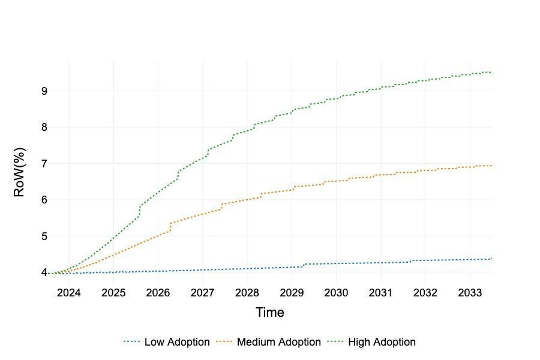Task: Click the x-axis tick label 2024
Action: pyautogui.click(x=69, y=293)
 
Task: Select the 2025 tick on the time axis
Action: pyautogui.click(x=113, y=293)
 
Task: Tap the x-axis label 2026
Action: pyautogui.click(x=158, y=293)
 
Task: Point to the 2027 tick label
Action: pyautogui.click(x=202, y=293)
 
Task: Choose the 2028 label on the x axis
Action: pyautogui.click(x=247, y=293)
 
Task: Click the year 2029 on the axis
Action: pyautogui.click(x=292, y=293)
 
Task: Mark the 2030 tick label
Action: pyautogui.click(x=336, y=293)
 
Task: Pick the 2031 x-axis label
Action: pyautogui.click(x=380, y=293)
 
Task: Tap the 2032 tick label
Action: pyautogui.click(x=425, y=293)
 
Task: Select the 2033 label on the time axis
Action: pyautogui.click(x=470, y=293)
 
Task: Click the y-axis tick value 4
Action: pyautogui.click(x=44, y=272)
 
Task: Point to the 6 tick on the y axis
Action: pyautogui.click(x=44, y=200)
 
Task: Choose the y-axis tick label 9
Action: pyautogui.click(x=44, y=91)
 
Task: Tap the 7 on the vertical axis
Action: pyautogui.click(x=44, y=164)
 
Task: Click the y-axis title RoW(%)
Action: pyautogui.click(x=19, y=173)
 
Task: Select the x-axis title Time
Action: pyautogui.click(x=270, y=313)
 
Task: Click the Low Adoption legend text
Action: pyautogui.click(x=177, y=342)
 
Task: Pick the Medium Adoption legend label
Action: pyautogui.click(x=279, y=342)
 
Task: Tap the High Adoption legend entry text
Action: pyautogui.click(x=382, y=342)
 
